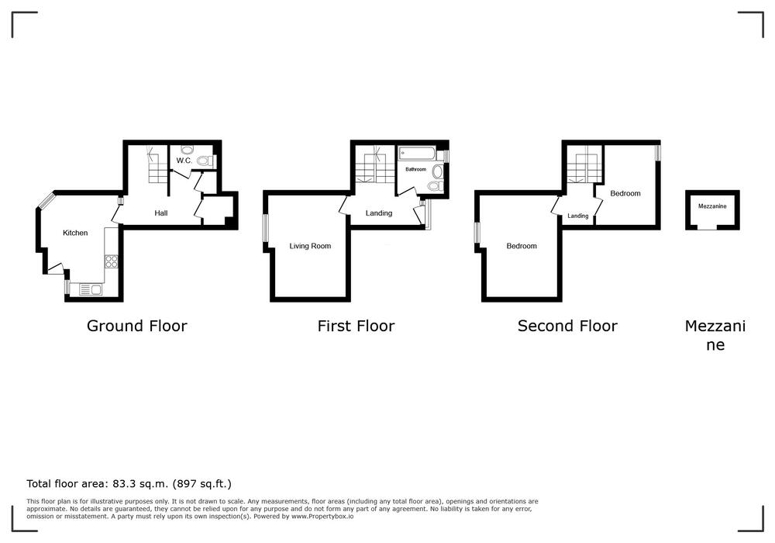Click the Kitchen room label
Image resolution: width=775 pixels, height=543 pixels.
(75, 233)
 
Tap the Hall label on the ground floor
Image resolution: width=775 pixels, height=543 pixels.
(161, 213)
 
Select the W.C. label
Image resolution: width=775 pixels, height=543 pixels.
(184, 161)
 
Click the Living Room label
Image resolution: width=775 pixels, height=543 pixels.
(311, 246)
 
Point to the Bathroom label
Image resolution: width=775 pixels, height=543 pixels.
(415, 169)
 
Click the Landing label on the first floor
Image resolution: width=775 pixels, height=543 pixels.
(379, 213)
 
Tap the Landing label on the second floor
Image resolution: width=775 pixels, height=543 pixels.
(578, 216)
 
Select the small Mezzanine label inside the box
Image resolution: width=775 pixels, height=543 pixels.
(712, 206)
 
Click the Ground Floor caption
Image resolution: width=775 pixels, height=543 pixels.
(137, 326)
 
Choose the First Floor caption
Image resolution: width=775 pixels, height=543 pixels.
(356, 326)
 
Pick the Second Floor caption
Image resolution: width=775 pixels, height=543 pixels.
(567, 326)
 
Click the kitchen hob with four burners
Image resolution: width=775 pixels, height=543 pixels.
(111, 261)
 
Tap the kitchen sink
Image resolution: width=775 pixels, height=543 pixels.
(91, 290)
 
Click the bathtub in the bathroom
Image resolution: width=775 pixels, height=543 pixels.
(417, 154)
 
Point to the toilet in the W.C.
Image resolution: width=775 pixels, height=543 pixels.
(204, 161)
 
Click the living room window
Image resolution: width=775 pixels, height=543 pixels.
(265, 229)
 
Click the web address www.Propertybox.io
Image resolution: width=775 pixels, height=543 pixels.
(322, 517)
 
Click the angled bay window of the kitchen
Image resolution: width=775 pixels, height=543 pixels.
(47, 200)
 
